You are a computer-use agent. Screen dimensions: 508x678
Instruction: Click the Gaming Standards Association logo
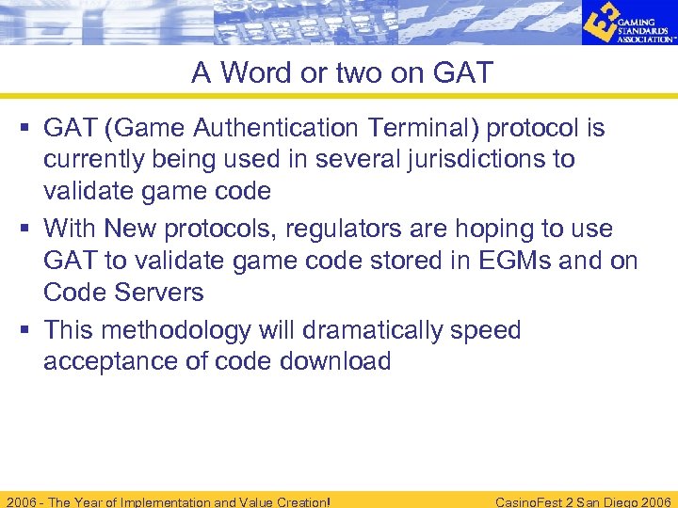pos(627,24)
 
